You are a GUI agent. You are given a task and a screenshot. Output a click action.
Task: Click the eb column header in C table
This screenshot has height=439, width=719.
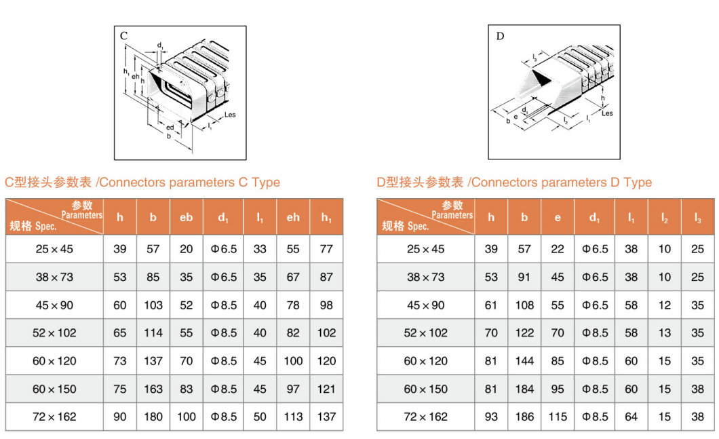coord(187,218)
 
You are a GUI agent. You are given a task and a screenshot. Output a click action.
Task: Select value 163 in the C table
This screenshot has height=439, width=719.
coord(153,389)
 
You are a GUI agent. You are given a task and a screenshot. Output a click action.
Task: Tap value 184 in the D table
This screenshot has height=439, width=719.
coord(524,389)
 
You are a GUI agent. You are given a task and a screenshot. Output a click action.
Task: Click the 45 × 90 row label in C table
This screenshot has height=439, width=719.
coord(54,305)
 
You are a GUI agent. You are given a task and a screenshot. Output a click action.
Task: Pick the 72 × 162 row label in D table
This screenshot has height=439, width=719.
coord(425,417)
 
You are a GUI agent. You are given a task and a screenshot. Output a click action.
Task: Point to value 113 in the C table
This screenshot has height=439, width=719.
coord(293,417)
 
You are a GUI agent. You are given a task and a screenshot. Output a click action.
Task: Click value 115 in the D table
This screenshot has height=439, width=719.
coord(558,417)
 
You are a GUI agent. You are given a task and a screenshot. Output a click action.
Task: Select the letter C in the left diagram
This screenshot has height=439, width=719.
coord(123,35)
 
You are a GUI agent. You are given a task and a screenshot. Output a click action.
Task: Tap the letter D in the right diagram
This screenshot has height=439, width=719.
coord(500,35)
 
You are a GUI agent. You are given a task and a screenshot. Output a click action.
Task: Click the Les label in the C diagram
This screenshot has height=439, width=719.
coord(229,115)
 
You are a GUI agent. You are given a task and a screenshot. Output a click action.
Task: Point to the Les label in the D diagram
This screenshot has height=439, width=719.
coord(606,113)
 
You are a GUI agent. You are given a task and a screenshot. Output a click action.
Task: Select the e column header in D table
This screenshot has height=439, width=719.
coord(558,218)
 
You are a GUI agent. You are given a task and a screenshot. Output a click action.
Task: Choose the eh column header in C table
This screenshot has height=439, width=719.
coord(293,218)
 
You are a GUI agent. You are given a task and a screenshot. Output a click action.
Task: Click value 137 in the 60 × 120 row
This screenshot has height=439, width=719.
coord(153,361)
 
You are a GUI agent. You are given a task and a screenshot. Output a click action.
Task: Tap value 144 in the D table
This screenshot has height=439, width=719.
coord(524,361)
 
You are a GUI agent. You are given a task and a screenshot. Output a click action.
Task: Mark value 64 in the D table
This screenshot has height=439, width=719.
coord(631,417)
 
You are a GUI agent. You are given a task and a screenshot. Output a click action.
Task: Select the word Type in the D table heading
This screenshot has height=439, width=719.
coord(638,183)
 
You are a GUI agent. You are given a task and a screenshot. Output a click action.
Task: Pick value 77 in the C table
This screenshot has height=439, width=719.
coord(326,249)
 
